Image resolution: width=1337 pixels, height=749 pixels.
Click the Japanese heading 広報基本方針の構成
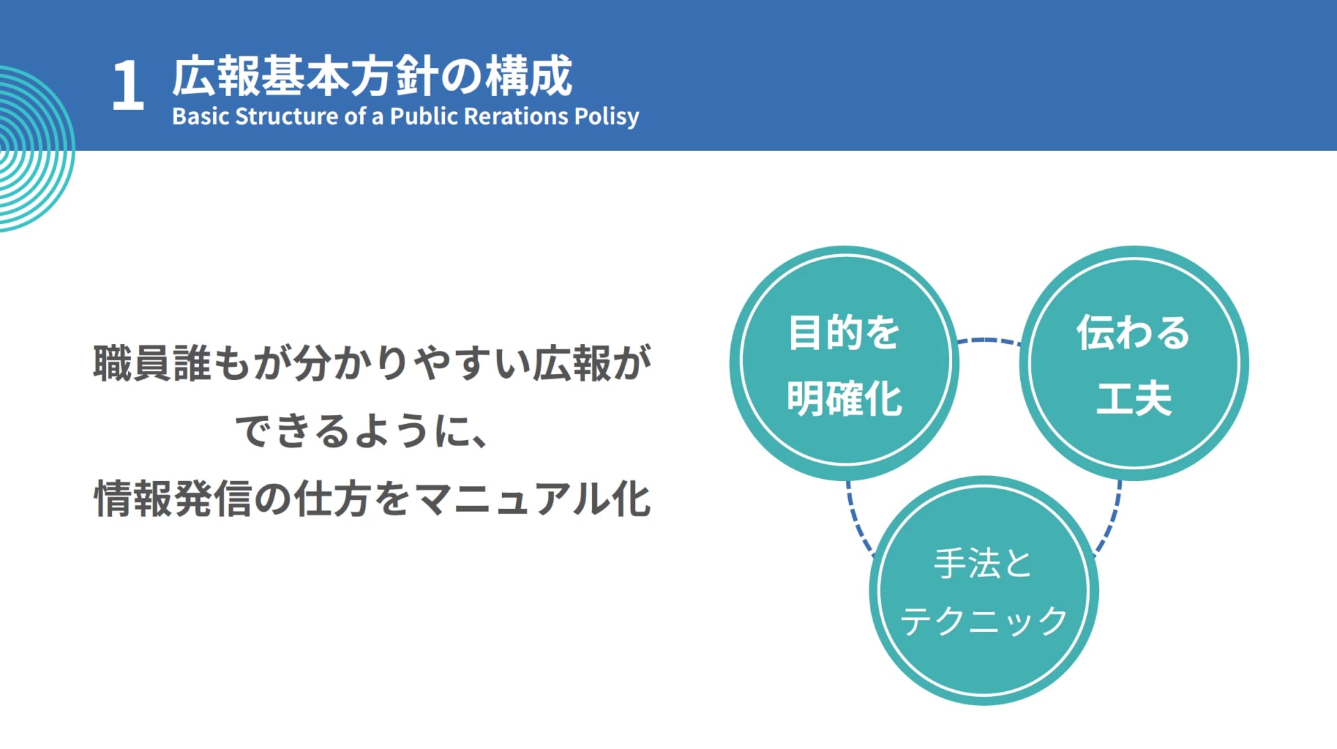pos(373,76)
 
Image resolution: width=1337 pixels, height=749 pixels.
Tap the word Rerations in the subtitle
pos(516,116)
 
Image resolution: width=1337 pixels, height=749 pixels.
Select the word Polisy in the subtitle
pos(607,117)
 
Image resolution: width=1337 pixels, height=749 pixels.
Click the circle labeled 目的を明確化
pos(844,363)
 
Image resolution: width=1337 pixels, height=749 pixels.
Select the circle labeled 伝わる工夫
pos(1134,363)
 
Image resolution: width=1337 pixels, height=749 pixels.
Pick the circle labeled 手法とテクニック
pos(983,590)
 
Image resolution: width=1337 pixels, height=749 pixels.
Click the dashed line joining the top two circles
pos(989,340)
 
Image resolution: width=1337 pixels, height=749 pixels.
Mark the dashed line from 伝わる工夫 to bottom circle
pos(1111,519)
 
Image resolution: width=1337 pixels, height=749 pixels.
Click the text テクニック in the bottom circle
pos(983,620)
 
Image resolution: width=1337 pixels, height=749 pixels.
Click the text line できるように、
pos(361,431)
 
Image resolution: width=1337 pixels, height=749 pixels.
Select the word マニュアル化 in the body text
pos(533,498)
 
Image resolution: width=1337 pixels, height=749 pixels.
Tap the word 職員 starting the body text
pos(132,363)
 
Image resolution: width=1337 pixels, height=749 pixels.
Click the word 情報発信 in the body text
pos(172,498)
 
